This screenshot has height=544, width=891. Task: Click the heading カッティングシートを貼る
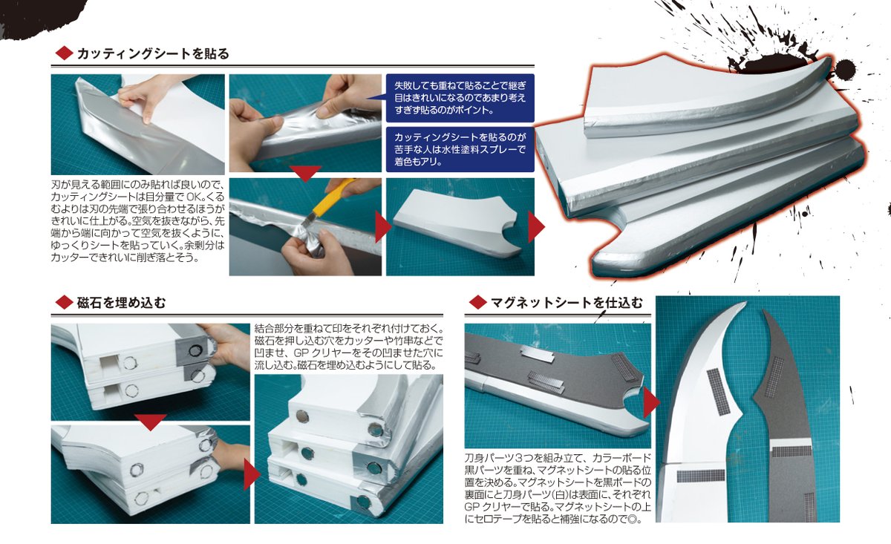tap(153, 53)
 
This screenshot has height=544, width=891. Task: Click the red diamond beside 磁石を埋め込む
tap(64, 303)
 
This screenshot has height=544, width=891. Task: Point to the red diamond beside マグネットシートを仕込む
tap(477, 302)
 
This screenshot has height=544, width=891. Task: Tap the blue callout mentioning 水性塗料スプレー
tap(460, 149)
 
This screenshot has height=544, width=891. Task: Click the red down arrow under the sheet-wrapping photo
tap(304, 174)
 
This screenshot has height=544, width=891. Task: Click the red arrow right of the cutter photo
tap(382, 227)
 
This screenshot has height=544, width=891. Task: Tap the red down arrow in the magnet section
tap(151, 422)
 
